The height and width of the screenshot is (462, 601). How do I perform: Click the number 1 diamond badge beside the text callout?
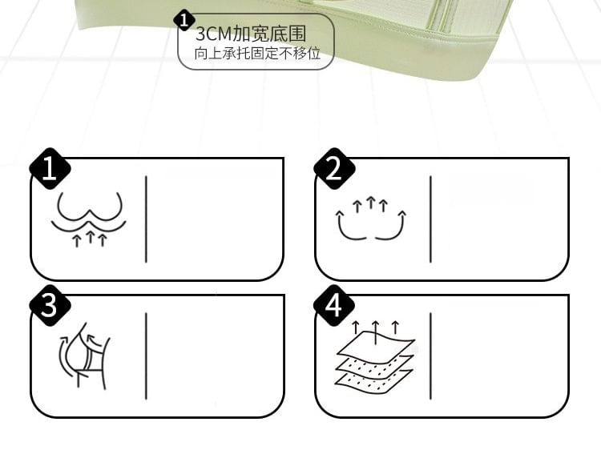coord(184,21)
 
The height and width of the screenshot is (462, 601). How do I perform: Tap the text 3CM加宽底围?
coord(251,34)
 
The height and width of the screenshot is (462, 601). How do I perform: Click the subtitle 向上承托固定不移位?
coord(257,54)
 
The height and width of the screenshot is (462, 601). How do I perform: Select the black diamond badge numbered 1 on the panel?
coord(50,169)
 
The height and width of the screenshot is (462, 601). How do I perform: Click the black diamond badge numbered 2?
coord(334,169)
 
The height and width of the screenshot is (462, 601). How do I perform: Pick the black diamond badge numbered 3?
coord(50,305)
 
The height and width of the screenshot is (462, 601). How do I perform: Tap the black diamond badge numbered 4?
coord(334,305)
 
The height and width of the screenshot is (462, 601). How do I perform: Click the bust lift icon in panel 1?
coord(89,219)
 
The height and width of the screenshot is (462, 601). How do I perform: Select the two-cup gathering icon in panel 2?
coord(371,219)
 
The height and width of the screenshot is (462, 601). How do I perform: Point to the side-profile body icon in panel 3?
coord(85,356)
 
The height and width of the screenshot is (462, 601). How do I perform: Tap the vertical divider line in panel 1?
coord(146,219)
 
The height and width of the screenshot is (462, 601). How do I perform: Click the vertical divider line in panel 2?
coord(430,219)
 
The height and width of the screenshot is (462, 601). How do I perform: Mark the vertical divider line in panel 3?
coord(146,356)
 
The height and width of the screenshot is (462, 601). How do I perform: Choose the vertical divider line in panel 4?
coord(430,356)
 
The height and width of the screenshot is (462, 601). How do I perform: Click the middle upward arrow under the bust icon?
coord(90,236)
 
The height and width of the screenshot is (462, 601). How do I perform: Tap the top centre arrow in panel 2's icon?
coord(370,203)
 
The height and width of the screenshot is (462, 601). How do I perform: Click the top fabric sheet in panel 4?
coord(376,343)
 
